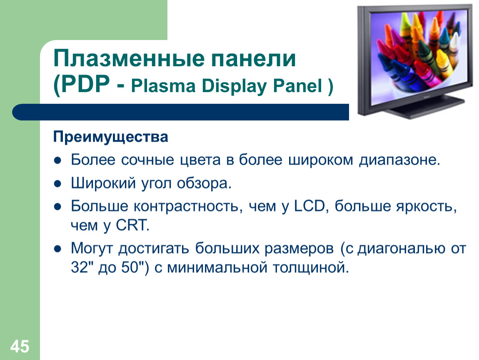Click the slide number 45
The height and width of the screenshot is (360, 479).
20,347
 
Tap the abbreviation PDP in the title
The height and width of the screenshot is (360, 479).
85,84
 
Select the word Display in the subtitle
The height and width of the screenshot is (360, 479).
234,86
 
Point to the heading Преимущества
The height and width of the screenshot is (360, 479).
110,137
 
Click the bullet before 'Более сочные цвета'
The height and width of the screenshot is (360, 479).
57,160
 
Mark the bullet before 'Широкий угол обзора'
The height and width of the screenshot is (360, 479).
57,184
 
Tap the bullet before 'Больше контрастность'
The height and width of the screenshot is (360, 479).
57,207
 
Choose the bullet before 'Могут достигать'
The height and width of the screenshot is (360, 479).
57,249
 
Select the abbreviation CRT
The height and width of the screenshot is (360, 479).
132,225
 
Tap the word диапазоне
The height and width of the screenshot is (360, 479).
399,160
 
